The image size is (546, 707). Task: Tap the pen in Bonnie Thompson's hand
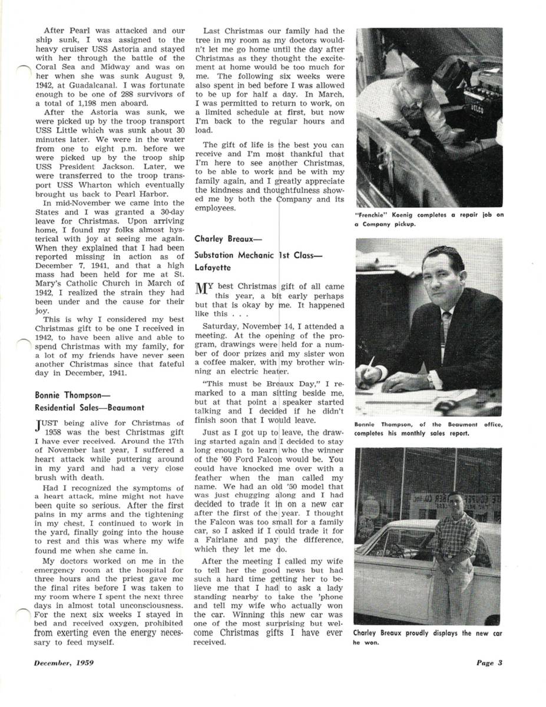372,364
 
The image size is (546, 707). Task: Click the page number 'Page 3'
489,663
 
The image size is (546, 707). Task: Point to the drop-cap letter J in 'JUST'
39,425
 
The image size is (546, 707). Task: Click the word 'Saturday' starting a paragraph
220,326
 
